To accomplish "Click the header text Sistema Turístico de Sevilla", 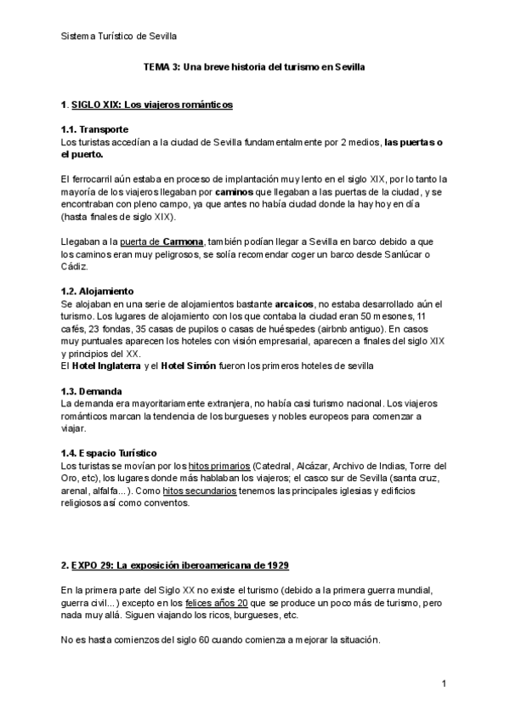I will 119,36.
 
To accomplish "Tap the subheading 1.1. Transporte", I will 93,128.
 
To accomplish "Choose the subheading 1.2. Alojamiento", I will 97,291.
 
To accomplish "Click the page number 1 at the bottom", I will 444,684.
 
